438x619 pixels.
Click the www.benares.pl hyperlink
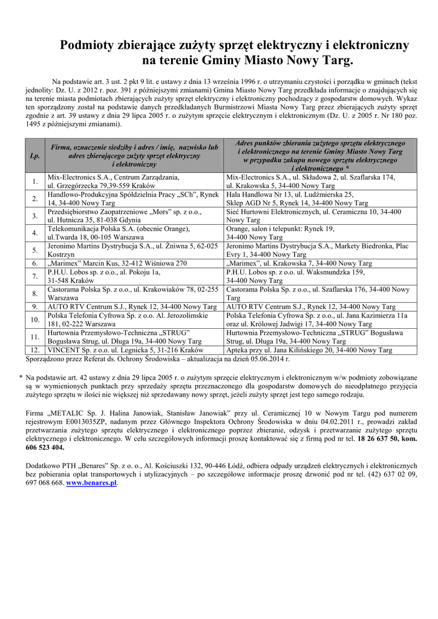point(91,484)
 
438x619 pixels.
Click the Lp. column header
point(35,155)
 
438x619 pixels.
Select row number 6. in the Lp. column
point(35,264)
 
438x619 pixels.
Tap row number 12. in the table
point(35,350)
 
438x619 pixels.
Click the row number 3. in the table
point(35,216)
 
